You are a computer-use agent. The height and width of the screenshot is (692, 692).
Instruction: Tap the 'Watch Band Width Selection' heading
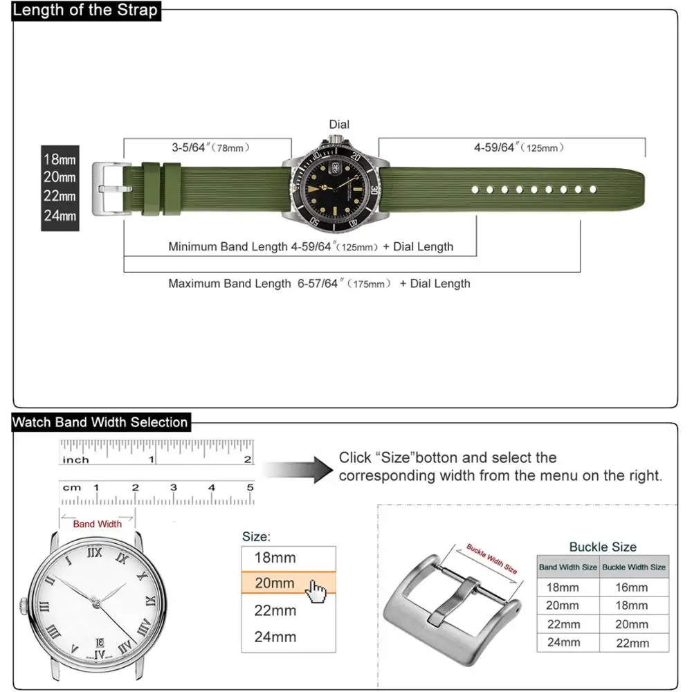pos(100,422)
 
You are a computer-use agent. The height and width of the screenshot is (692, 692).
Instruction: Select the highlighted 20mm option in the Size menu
pos(275,583)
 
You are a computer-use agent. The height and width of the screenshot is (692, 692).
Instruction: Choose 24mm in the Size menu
pos(275,637)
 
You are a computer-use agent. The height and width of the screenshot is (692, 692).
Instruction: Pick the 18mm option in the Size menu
pos(275,558)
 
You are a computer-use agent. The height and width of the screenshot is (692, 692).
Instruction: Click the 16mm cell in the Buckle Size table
pos(632,587)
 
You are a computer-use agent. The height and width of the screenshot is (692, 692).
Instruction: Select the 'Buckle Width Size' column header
pos(633,567)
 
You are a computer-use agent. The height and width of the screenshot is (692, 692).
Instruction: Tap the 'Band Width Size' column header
pos(567,567)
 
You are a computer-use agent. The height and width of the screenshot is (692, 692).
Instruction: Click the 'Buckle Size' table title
pos(603,547)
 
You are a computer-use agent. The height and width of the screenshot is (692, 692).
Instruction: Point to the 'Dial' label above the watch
pos(339,125)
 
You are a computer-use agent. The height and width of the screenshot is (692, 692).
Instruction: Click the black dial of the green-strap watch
pos(334,188)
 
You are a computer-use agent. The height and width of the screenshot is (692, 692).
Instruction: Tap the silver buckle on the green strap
pos(109,188)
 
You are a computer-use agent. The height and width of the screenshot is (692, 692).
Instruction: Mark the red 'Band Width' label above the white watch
pos(97,524)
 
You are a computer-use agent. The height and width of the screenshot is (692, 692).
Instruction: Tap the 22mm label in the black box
pos(60,197)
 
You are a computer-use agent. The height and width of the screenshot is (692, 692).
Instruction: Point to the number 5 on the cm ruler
pos(250,488)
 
